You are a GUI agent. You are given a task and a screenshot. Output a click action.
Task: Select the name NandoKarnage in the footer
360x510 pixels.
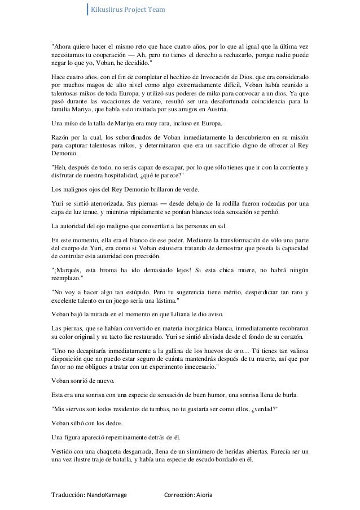105,495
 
